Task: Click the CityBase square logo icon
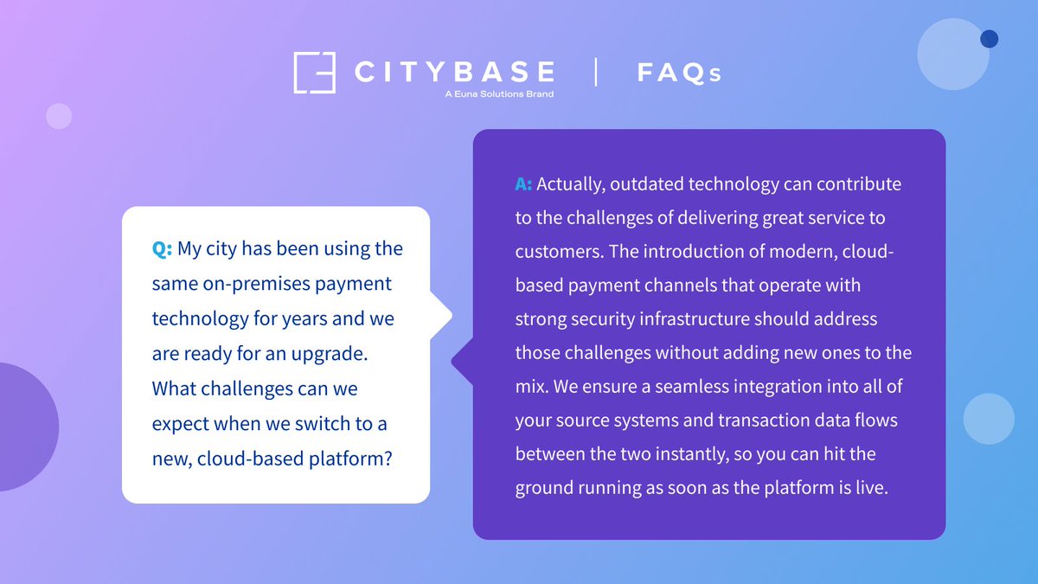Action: (x=314, y=73)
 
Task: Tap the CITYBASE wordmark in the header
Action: (x=454, y=71)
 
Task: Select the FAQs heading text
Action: (x=679, y=73)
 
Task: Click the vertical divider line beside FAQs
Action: (x=596, y=72)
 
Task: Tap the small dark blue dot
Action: (x=990, y=38)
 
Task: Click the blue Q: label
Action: (x=163, y=249)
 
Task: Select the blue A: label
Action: (x=523, y=184)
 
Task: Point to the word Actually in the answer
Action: (x=571, y=184)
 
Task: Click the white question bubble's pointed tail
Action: (x=443, y=316)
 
